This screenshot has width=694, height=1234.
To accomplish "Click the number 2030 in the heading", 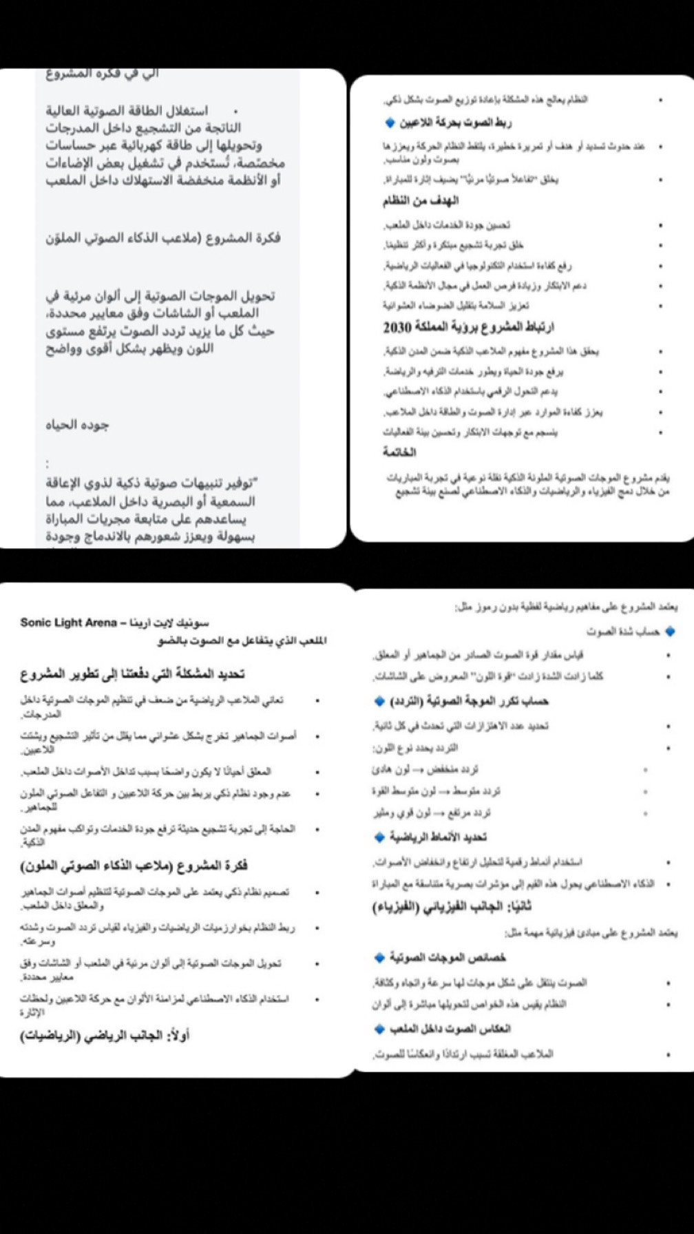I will point(397,326).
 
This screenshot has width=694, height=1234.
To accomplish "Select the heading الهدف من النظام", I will point(421,200).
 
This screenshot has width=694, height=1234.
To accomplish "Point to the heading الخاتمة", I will point(399,452).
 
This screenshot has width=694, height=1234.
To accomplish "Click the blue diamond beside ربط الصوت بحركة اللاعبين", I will point(390,123).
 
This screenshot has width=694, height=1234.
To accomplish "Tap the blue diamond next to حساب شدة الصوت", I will point(671,631).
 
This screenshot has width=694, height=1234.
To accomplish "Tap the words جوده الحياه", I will point(77,425).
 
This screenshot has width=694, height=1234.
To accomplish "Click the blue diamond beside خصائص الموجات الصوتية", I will point(379,957).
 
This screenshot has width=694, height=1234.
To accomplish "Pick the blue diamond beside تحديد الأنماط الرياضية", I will point(379,837).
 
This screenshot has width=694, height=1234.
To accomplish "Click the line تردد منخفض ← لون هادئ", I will point(425,769).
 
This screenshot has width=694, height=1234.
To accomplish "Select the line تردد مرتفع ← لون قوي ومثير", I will point(432,813).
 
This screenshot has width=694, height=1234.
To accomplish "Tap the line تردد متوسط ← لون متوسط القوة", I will point(436,791).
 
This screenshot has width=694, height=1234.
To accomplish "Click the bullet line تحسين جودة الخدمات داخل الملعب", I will point(447,225).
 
